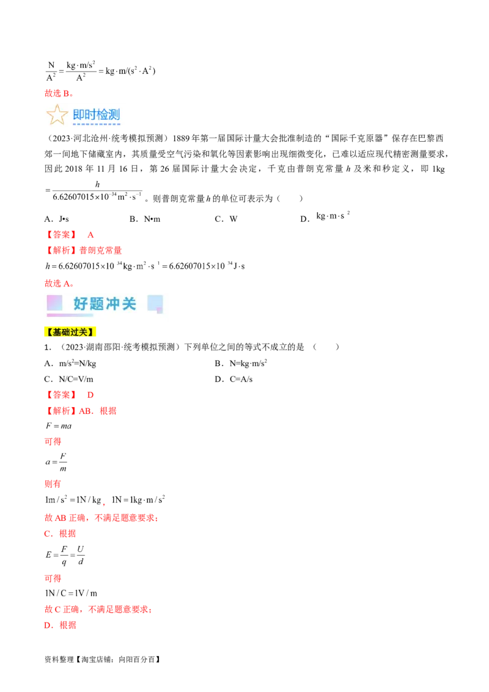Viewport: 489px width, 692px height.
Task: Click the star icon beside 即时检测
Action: [57, 115]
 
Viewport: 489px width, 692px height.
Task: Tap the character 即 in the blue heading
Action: [79, 115]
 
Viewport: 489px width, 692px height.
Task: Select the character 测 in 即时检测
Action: [113, 115]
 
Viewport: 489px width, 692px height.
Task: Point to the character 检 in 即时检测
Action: [101, 115]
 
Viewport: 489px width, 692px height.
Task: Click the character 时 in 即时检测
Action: [90, 115]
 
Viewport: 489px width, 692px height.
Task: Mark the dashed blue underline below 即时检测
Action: [97, 124]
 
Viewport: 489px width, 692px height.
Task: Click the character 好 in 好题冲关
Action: [81, 304]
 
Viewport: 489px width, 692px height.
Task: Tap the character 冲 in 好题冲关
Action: [113, 304]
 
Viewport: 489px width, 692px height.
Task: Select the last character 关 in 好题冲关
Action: [129, 304]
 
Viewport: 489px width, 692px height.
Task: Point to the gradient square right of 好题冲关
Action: [155, 303]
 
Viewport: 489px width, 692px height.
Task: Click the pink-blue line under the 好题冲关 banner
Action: [70, 315]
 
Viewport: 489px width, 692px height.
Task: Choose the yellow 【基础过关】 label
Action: [71, 332]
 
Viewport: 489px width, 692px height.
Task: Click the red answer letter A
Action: [90, 234]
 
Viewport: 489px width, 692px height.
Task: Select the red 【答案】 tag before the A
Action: [61, 234]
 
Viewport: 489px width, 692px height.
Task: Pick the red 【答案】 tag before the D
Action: [61, 395]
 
